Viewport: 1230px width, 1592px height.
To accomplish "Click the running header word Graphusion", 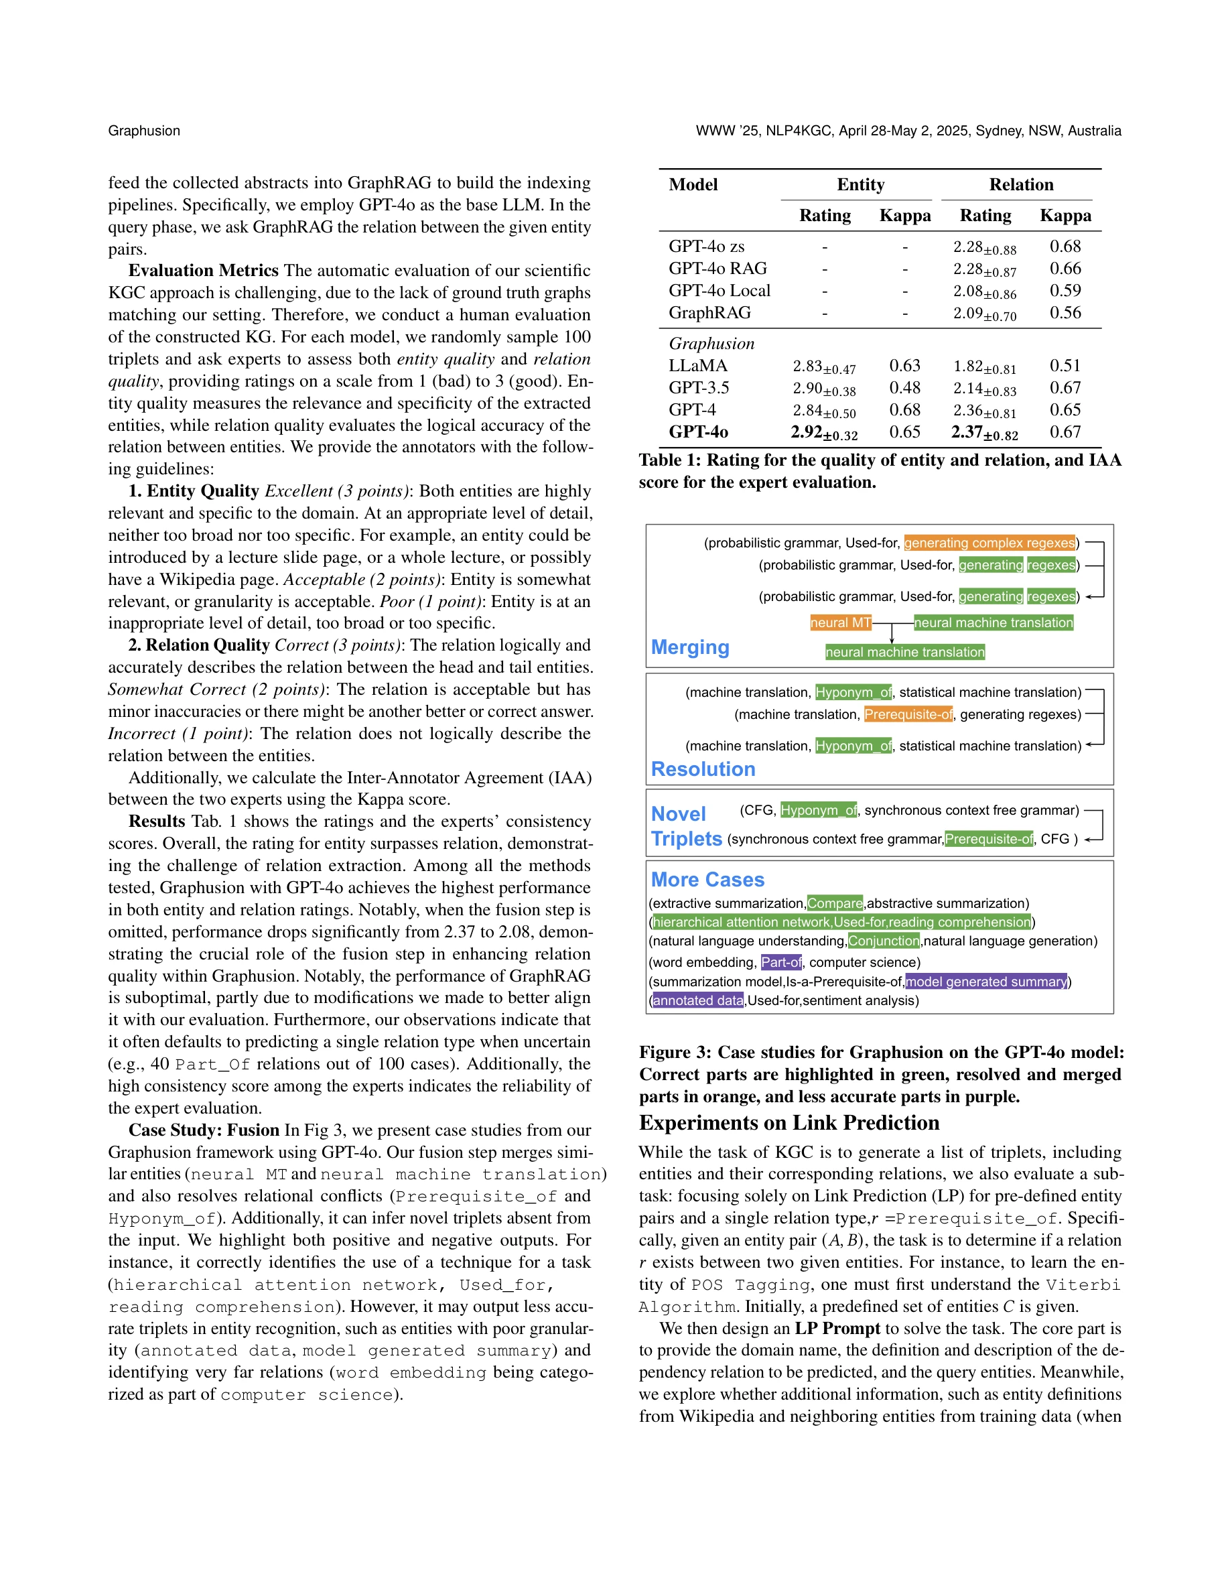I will coord(143,131).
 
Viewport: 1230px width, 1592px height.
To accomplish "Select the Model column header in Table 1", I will coord(693,184).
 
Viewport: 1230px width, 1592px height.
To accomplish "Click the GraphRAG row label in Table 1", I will coord(709,313).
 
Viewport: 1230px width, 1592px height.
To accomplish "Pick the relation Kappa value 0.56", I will coord(1065,313).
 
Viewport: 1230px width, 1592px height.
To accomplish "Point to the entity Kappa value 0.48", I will coord(904,388).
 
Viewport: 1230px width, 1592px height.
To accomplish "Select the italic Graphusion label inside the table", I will coord(711,343).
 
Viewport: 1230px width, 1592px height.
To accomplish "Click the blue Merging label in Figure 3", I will coord(689,647).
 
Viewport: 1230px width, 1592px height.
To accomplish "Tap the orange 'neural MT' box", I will coord(840,622).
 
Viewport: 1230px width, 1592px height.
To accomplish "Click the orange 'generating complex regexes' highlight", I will coord(989,543).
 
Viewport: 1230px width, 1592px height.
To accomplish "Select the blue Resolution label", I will coord(703,769).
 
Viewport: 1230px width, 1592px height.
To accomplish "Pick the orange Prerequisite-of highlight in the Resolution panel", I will coord(908,714).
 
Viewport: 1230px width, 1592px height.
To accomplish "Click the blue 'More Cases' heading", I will coord(707,880).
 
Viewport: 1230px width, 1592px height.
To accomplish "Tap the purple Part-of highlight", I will coord(780,962).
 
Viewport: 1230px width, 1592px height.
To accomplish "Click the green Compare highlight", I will coord(834,903).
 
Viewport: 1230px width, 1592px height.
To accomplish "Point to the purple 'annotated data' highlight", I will coord(697,1001).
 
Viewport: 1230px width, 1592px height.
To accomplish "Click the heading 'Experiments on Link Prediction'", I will coord(789,1122).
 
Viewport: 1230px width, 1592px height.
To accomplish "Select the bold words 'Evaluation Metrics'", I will coord(203,271).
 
